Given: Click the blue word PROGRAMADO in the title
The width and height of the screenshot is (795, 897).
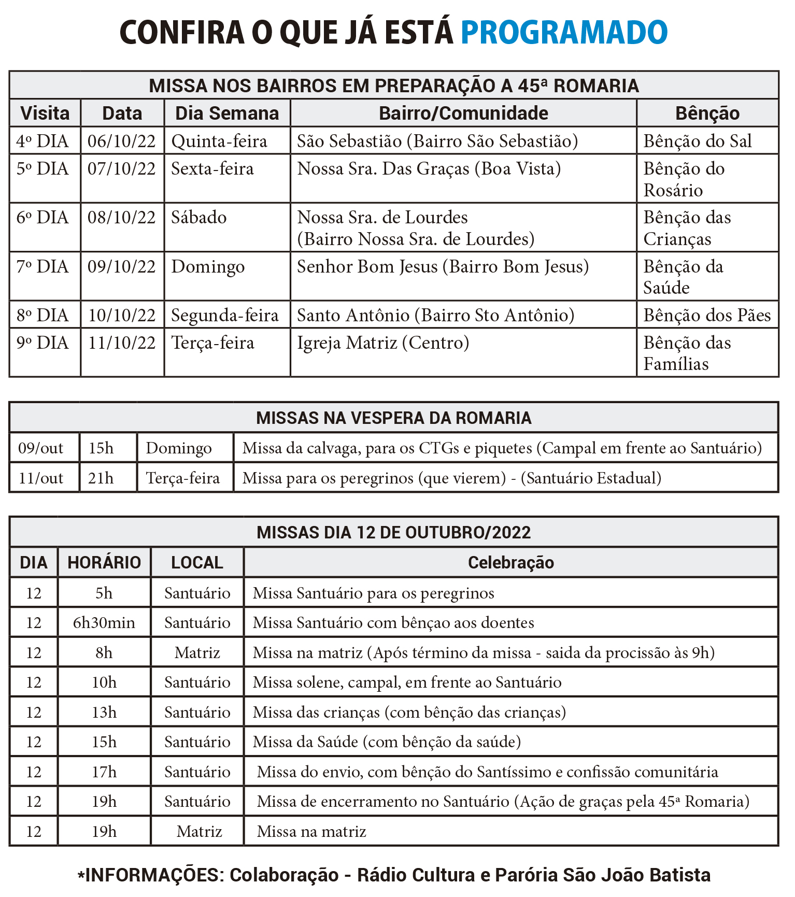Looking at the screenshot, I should (564, 32).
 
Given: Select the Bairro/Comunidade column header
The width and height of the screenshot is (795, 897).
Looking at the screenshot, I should (463, 113).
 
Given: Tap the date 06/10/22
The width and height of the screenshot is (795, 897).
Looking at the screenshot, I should (122, 141).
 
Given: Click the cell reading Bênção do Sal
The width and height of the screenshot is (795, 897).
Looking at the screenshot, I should (697, 141).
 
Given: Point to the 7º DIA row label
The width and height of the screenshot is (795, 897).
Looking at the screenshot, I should (42, 267).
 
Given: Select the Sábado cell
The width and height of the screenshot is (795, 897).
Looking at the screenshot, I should (199, 218).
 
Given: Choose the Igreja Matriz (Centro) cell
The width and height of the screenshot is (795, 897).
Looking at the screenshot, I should (383, 343).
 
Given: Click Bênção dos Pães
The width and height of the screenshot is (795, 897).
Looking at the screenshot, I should (707, 315).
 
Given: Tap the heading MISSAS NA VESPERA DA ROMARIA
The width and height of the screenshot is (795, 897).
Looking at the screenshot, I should (394, 418).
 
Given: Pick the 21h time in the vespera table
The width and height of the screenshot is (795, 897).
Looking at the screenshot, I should (101, 478).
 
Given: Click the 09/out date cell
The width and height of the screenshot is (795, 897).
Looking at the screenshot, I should (41, 448).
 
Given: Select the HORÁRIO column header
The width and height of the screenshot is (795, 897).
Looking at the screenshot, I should (104, 563).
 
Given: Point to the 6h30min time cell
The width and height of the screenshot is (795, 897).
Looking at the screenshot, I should (104, 622).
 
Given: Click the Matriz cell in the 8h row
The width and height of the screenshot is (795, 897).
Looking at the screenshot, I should (197, 652).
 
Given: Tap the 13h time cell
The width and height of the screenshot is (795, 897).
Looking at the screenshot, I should (104, 712).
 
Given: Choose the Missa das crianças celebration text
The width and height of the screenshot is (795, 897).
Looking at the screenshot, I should (409, 712).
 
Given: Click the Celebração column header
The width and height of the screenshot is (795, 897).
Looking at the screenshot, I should (510, 563).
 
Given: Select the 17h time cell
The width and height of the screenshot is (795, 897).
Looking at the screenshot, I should (104, 772).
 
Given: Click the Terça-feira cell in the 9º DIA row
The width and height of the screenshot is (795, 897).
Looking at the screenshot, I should (213, 343).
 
